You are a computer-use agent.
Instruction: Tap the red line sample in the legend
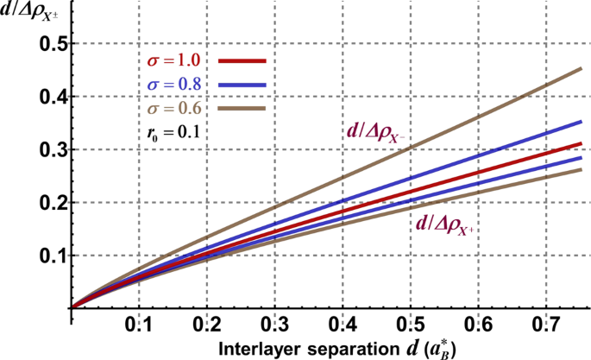click(242, 61)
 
